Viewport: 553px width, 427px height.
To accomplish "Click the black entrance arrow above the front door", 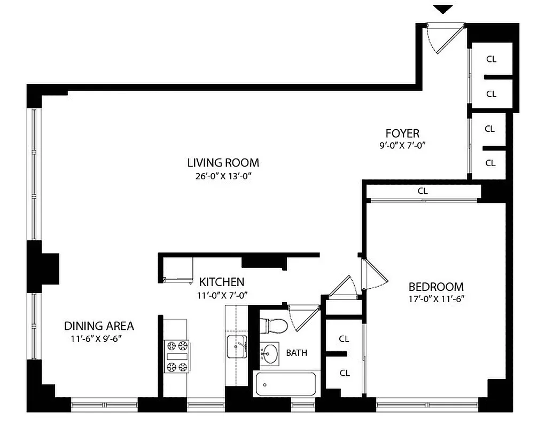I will tap(443, 9).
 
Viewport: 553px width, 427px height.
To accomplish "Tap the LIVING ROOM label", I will tap(223, 163).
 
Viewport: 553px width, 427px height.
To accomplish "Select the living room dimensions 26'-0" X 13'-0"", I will tap(223, 177).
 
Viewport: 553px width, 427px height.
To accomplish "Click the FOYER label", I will tap(402, 133).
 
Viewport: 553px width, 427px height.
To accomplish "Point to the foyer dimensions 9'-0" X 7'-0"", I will tap(402, 145).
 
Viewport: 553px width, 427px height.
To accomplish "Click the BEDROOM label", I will tap(436, 287).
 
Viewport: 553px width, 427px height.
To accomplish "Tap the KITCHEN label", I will tap(222, 282).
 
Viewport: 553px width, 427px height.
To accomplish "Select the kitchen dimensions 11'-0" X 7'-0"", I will tap(222, 295).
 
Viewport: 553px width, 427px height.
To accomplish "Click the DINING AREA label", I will tap(99, 326).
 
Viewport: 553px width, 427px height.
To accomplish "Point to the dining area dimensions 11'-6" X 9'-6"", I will tap(99, 338).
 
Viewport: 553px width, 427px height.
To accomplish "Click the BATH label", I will tap(297, 353).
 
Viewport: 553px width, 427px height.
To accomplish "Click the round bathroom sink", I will tap(271, 353).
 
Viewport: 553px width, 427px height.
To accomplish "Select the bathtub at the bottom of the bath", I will tap(285, 384).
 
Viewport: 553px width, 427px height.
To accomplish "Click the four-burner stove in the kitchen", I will tap(177, 356).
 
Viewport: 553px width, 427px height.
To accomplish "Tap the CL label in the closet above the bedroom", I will tap(422, 191).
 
